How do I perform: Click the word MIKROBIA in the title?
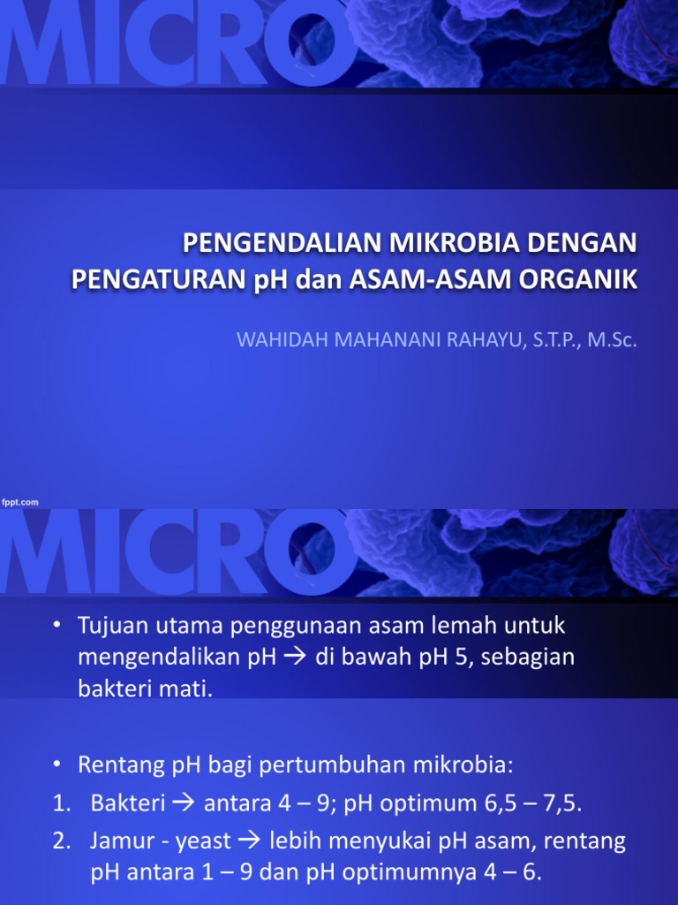coord(443,242)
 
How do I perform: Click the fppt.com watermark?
coord(19,501)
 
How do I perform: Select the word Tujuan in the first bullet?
coord(108,626)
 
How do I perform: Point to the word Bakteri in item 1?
coord(122,803)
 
